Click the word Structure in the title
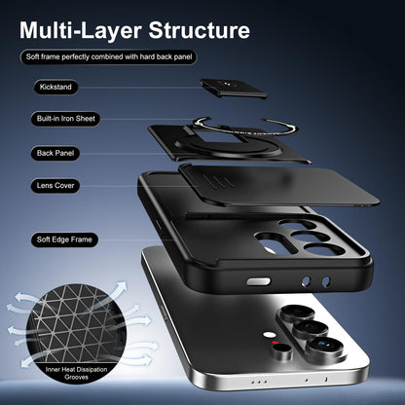click(x=200, y=30)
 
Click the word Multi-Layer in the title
click(x=80, y=31)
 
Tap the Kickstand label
click(x=55, y=87)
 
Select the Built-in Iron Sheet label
click(x=66, y=119)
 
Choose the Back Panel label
click(x=55, y=153)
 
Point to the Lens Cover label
click(x=55, y=186)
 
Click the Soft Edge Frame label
click(x=64, y=239)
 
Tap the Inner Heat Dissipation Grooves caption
click(x=76, y=373)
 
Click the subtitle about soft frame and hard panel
click(x=109, y=57)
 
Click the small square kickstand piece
click(x=234, y=88)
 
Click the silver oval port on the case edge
click(x=258, y=281)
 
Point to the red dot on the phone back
click(x=276, y=343)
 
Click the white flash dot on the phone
click(x=269, y=335)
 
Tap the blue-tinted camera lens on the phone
click(x=325, y=347)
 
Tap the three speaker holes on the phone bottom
click(x=259, y=382)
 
